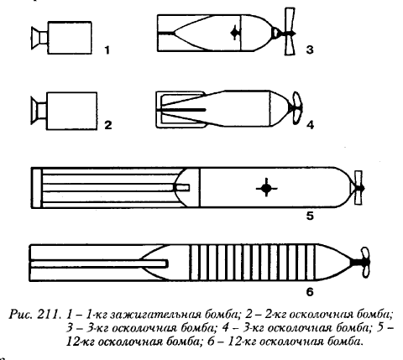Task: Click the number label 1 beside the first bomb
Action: (107, 50)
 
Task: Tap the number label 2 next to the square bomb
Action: (108, 125)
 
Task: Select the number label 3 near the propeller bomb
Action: (310, 50)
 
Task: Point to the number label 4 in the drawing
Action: (310, 125)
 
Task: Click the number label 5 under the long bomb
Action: (310, 217)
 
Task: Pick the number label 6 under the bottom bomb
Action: (310, 292)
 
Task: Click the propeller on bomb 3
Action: (290, 32)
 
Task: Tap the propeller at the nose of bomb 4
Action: (296, 107)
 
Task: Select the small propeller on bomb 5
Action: (359, 188)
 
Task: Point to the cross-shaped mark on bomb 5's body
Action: (266, 188)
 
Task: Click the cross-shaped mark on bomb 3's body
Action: (235, 33)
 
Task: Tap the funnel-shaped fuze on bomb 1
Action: (39, 38)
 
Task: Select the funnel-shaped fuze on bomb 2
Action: (39, 111)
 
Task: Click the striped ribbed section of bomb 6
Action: (253, 263)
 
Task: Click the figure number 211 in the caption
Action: (49, 314)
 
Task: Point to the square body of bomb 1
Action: (70, 38)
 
